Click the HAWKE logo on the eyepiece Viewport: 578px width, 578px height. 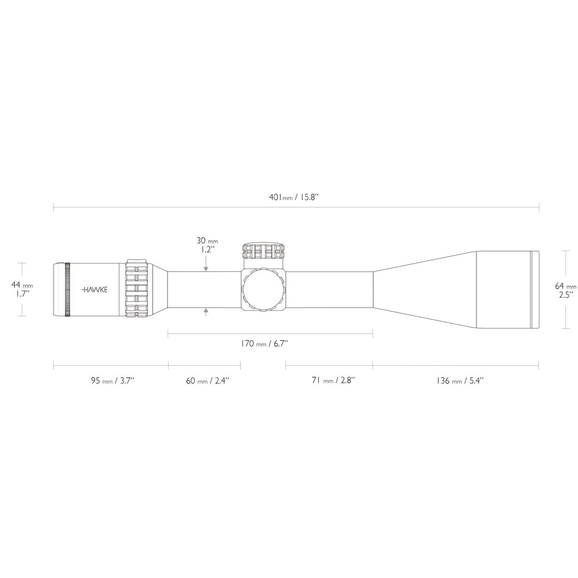pyautogui.click(x=95, y=290)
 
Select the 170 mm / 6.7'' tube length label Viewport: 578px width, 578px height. pyautogui.click(x=264, y=343)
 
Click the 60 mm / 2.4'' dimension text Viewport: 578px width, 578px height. pyautogui.click(x=208, y=381)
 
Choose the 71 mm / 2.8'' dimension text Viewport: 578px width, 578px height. pyautogui.click(x=333, y=381)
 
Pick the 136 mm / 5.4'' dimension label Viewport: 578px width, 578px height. pyautogui.click(x=460, y=381)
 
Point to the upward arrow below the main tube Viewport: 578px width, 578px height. pyautogui.click(x=206, y=312)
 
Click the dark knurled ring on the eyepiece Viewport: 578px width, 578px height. pyautogui.click(x=67, y=289)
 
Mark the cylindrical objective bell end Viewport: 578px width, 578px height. pyautogui.click(x=506, y=289)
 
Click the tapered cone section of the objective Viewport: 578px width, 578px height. pyautogui.click(x=424, y=289)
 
